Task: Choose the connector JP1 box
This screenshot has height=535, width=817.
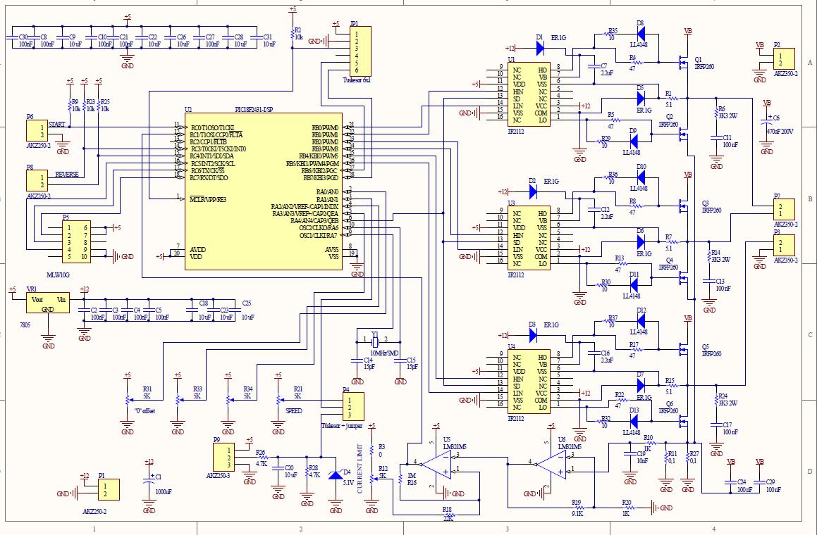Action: tap(360, 51)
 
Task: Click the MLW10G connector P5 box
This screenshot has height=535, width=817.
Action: tap(75, 242)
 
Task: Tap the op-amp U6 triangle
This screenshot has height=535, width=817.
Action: tap(554, 465)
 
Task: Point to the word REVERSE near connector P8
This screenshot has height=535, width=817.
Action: tap(66, 174)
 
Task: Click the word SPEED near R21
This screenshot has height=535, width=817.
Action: tap(294, 410)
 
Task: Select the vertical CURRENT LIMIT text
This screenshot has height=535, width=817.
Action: tap(360, 469)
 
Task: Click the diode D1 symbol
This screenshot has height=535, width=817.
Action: tap(540, 48)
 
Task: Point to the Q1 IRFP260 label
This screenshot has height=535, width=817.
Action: tap(705, 63)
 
